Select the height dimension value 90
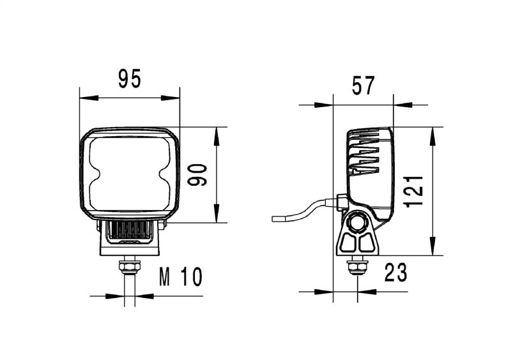click(x=199, y=175)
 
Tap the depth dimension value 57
click(x=363, y=85)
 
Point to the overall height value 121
click(x=415, y=190)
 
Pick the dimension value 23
click(x=395, y=273)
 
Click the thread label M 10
click(x=180, y=277)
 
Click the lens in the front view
click(x=130, y=173)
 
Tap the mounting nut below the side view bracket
click(x=356, y=264)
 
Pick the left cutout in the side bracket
click(x=349, y=243)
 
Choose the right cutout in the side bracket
click(x=367, y=243)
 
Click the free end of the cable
click(x=274, y=219)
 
